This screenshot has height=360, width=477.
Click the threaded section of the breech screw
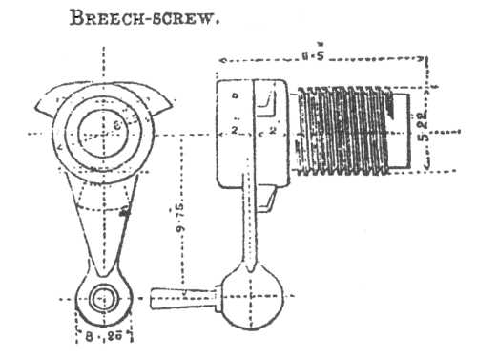pyautogui.click(x=343, y=130)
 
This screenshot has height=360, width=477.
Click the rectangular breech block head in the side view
pyautogui.click(x=248, y=130)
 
